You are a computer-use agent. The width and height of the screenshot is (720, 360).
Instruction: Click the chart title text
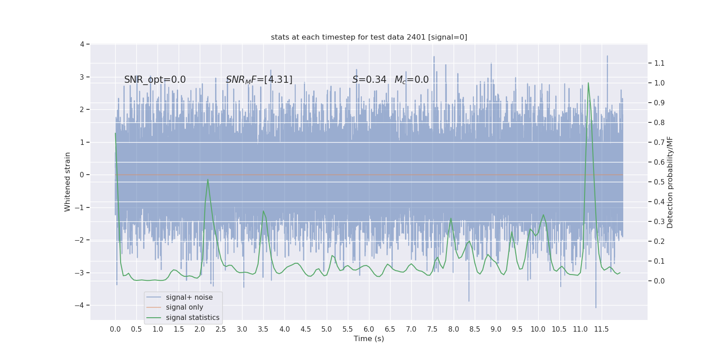369,37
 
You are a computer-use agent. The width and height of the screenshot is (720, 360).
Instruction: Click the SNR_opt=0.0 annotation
155,80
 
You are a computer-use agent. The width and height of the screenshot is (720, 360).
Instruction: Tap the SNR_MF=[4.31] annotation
259,80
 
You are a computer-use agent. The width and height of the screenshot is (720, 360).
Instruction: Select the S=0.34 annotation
369,80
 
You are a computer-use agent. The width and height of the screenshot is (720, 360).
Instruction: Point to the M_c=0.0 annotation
411,80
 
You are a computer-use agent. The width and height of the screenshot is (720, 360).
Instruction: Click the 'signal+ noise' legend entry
189,297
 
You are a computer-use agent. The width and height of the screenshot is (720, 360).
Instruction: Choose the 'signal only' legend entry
184,307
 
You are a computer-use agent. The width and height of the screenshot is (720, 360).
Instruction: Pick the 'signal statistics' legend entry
193,318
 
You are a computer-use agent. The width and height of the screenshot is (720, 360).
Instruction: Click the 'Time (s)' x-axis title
369,338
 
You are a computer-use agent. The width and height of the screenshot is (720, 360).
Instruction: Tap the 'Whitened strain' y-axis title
67,182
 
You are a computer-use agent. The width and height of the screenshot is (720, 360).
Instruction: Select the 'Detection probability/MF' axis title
670,182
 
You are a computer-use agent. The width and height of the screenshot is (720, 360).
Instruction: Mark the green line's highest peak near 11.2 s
588,83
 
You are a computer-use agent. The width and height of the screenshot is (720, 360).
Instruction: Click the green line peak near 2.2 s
208,180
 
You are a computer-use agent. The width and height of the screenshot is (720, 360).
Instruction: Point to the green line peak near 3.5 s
263,211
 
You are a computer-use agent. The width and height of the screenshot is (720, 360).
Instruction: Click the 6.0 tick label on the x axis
369,329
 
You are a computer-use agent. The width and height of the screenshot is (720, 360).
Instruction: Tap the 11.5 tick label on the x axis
601,329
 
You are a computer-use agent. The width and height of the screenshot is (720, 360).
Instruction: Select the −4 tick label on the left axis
81,305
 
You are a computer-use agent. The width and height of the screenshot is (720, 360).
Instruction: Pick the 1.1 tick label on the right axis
659,63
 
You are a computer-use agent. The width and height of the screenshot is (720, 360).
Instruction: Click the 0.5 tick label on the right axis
659,182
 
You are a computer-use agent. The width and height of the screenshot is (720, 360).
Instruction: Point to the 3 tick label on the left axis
82,77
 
